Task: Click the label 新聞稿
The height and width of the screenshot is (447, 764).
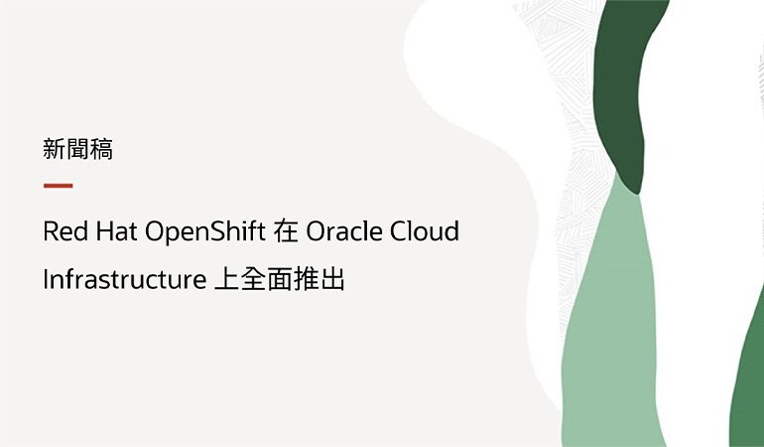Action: pyautogui.click(x=78, y=150)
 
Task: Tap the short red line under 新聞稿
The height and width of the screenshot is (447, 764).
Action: pyautogui.click(x=58, y=186)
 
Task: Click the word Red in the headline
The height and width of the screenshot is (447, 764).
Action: pyautogui.click(x=64, y=232)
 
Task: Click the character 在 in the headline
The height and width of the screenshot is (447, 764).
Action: pyautogui.click(x=286, y=232)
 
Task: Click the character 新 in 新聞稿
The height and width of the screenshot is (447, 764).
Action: pyautogui.click(x=55, y=150)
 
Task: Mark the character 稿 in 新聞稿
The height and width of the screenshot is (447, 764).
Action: pyautogui.click(x=102, y=150)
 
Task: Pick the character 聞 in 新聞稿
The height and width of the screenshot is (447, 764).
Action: pyautogui.click(x=78, y=150)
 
